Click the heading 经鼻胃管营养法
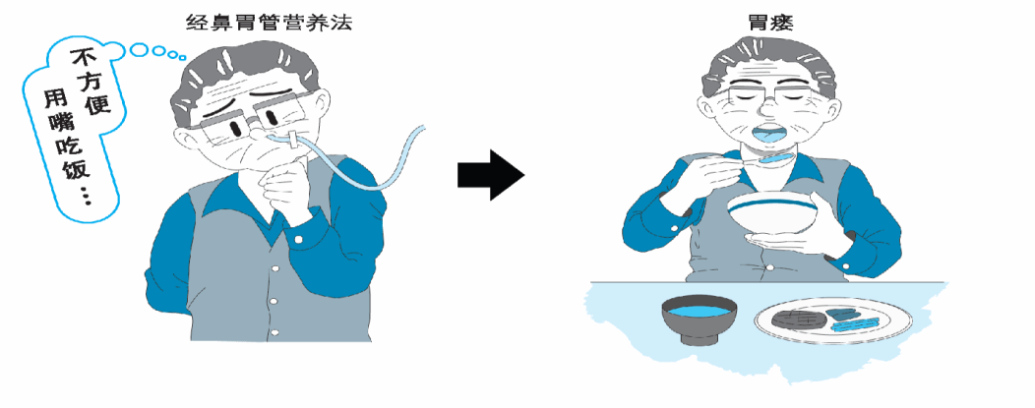click(x=269, y=24)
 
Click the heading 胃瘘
click(x=768, y=24)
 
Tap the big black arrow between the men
click(x=490, y=175)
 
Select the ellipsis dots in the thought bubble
click(x=86, y=196)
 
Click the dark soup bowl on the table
click(x=700, y=319)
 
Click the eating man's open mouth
click(x=770, y=135)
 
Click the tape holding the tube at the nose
click(x=292, y=141)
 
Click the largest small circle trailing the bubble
click(x=141, y=49)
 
